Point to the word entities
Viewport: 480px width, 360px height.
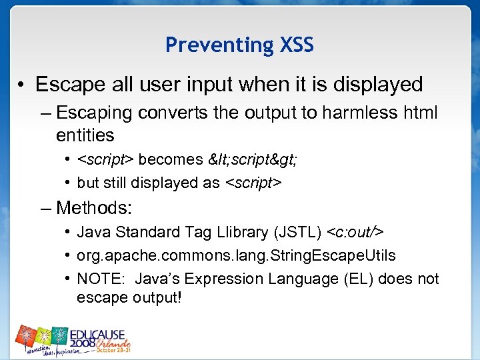(x=85, y=135)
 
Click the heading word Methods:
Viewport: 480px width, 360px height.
(x=95, y=207)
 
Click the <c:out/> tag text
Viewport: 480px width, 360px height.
(x=355, y=232)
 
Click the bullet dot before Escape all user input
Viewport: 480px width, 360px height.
(x=23, y=85)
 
